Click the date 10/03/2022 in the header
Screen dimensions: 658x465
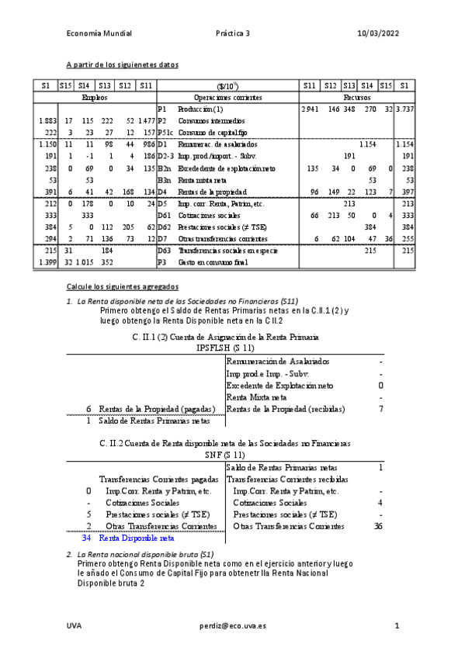(x=378, y=33)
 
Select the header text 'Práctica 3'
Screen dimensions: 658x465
(x=233, y=33)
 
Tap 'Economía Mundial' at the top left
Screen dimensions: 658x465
(x=99, y=33)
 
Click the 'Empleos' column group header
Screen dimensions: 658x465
(x=95, y=99)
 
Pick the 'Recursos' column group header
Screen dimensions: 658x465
(x=358, y=99)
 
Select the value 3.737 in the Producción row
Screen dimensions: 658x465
(x=404, y=110)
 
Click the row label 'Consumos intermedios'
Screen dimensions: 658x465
(x=211, y=122)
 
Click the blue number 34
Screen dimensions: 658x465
(x=87, y=537)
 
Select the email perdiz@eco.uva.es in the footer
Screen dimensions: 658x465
(x=233, y=625)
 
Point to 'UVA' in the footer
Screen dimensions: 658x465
(x=74, y=625)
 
